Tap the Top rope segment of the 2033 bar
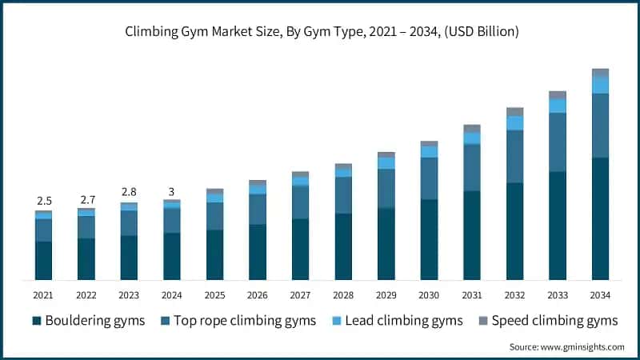tap(557, 142)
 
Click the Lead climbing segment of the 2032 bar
tap(514, 122)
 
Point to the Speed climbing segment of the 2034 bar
tap(600, 72)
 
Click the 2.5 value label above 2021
tap(43, 200)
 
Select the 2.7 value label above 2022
tap(86, 198)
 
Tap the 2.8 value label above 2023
tap(129, 192)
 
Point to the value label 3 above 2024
tap(171, 191)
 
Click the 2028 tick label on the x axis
tap(343, 295)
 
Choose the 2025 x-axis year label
tap(214, 295)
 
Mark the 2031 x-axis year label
tap(472, 295)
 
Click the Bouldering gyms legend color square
tap(36, 321)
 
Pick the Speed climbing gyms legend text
tap(554, 321)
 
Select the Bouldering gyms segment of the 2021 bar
tap(43, 260)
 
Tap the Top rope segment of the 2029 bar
tap(386, 188)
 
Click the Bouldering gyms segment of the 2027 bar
tap(300, 249)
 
